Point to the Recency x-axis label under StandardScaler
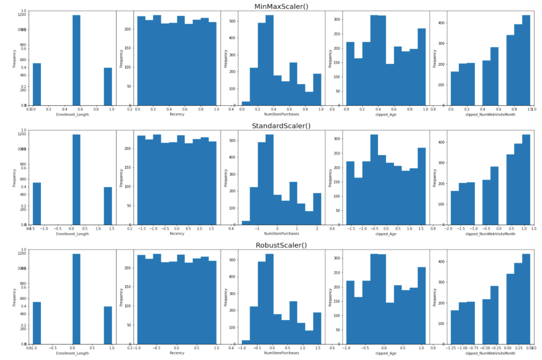point(177,234)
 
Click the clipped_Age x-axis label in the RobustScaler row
point(385,353)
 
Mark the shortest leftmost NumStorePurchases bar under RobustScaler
point(245,342)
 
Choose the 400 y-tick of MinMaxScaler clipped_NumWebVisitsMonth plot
point(441,23)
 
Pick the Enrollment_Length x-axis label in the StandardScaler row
point(72,234)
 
